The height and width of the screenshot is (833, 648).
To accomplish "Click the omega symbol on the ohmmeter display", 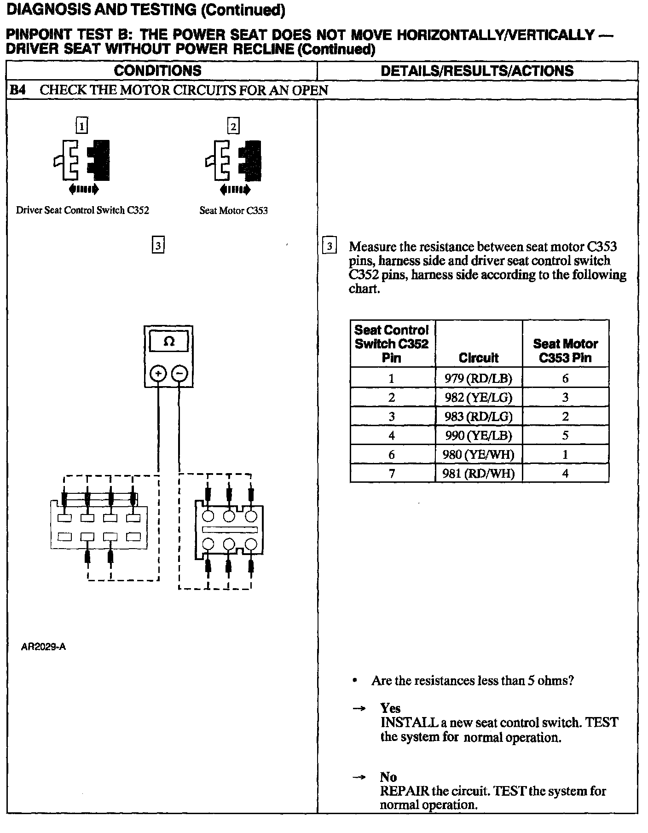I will click(169, 342).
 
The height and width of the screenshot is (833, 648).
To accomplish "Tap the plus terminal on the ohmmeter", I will click(158, 373).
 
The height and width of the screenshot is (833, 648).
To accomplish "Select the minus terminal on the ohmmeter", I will click(179, 373).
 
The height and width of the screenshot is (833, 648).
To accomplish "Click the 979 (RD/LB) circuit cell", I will click(478, 378).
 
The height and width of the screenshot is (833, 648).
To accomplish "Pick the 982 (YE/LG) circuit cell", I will click(478, 398).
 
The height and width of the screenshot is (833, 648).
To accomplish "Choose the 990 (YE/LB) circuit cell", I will click(478, 435).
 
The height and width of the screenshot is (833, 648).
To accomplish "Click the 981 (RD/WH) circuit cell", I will click(478, 473).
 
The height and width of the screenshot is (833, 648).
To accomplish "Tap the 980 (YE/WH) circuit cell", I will click(478, 455).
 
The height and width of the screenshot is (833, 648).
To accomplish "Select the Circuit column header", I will click(478, 358).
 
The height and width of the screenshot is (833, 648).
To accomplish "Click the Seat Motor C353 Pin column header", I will click(565, 351).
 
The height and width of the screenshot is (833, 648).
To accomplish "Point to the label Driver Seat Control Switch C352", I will click(82, 210).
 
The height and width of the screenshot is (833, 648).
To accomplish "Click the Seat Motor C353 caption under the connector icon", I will click(233, 211).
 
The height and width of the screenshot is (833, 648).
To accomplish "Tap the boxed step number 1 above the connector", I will click(81, 126).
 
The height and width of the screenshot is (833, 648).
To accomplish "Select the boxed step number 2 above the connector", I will click(233, 126).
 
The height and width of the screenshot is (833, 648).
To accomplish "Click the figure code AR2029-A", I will click(43, 647).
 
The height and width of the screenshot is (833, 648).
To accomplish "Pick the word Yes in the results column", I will click(390, 708).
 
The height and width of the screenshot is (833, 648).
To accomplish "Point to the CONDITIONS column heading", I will click(157, 71).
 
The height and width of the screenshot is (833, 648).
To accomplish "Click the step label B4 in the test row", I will click(17, 90).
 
